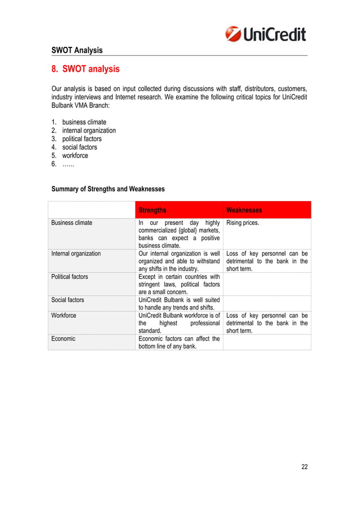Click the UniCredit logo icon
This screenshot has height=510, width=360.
(x=234, y=34)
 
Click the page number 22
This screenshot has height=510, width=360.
(x=305, y=467)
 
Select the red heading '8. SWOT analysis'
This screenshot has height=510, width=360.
(x=85, y=69)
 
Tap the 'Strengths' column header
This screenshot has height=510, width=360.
(x=152, y=210)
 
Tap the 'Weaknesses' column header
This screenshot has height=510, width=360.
(x=244, y=210)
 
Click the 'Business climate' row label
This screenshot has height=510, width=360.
(x=72, y=223)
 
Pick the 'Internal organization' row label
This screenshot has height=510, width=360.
(x=76, y=254)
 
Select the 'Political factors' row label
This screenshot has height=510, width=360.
(x=70, y=277)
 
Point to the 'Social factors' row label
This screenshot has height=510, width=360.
(x=67, y=300)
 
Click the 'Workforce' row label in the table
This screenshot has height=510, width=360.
(x=64, y=315)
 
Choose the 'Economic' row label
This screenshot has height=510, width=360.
(x=63, y=339)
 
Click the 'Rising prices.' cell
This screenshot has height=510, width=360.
(x=243, y=223)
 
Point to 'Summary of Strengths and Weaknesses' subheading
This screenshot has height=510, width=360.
(x=108, y=189)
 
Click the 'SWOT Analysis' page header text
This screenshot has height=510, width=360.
(x=77, y=50)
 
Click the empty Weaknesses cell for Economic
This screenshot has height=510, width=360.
(x=267, y=342)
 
